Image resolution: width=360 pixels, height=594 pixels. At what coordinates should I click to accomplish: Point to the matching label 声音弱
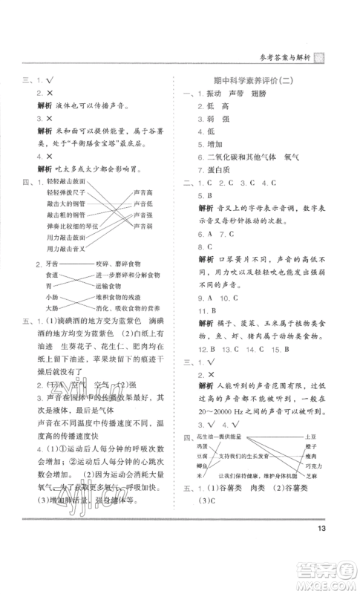[x=144, y=224]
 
